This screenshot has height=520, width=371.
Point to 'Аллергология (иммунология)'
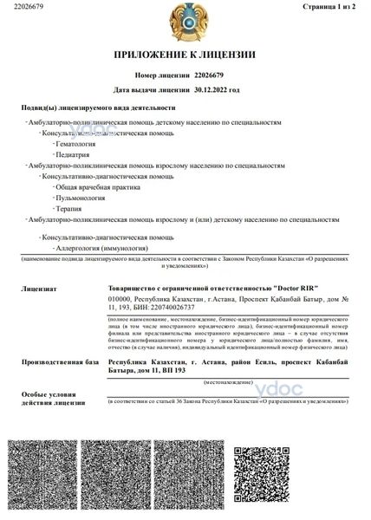97,249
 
